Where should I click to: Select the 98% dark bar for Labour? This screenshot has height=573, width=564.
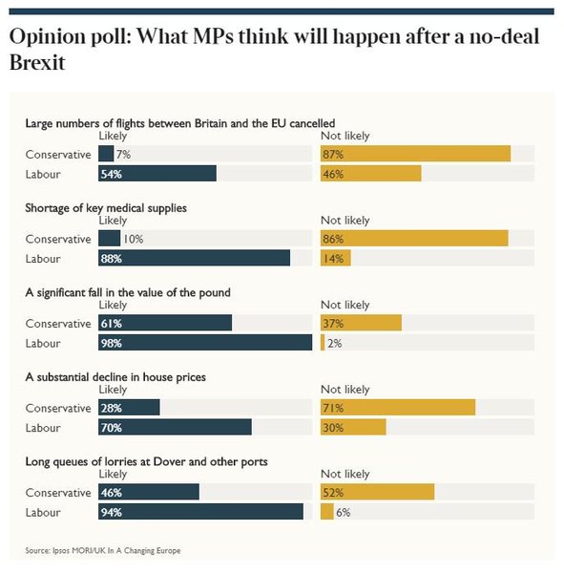click(x=205, y=343)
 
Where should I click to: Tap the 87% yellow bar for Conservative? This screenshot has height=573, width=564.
click(x=415, y=154)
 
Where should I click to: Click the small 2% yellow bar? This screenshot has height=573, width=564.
click(x=323, y=343)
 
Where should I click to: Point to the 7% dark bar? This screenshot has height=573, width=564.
click(x=106, y=154)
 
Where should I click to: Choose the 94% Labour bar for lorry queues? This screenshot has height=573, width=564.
click(x=200, y=512)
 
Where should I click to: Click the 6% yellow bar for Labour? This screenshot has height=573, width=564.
click(x=326, y=512)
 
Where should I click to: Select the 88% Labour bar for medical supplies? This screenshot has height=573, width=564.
click(x=194, y=258)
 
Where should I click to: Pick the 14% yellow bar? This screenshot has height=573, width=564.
click(x=335, y=258)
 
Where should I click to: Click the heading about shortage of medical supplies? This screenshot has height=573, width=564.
click(x=106, y=207)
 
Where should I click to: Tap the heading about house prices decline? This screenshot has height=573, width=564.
click(x=115, y=377)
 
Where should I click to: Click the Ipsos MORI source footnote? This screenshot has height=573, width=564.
click(x=103, y=550)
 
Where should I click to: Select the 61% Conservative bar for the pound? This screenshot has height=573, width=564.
click(x=165, y=323)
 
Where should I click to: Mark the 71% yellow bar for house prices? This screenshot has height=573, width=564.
click(x=397, y=408)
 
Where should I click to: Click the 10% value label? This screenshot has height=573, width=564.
click(x=133, y=239)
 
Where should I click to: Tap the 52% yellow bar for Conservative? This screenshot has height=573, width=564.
click(x=377, y=492)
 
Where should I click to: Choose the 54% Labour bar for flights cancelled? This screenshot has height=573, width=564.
click(x=157, y=174)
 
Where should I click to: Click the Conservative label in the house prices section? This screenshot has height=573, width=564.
click(x=58, y=408)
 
